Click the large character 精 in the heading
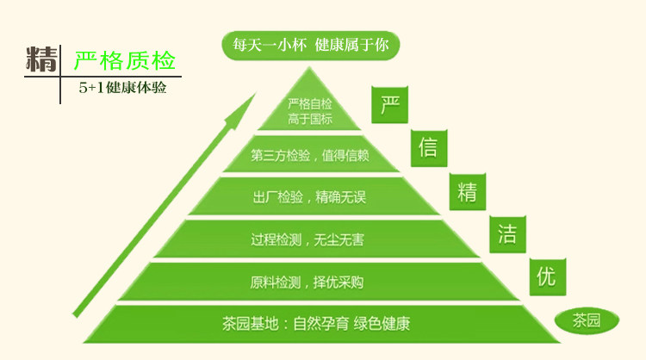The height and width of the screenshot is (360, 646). coord(41,60)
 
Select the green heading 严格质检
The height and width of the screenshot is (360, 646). coord(125,61)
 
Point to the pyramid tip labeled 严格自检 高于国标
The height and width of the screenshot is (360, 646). coord(310,110)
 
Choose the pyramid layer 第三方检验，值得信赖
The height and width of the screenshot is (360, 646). coord(310,156)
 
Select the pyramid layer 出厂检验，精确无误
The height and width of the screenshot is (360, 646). coord(310,197)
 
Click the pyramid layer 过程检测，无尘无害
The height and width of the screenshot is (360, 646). coord(311,239)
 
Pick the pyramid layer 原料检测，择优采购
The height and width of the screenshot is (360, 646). coord(311,281)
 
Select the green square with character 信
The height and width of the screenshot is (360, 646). coord(427,146)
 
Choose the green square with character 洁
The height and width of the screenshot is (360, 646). coord(506,233)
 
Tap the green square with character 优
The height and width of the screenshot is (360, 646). coord(546,276)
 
